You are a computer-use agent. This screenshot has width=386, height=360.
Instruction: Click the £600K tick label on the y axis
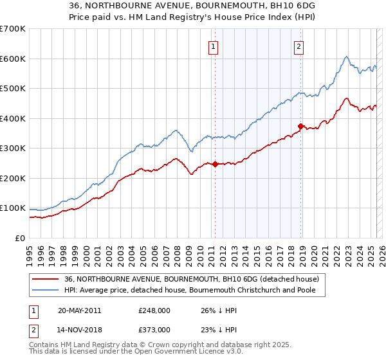point(12,59)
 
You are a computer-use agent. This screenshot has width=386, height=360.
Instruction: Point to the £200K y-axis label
point(12,178)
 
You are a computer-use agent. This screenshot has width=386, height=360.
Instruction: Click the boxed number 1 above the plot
point(213,46)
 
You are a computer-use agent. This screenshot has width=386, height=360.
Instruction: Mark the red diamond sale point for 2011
point(215,164)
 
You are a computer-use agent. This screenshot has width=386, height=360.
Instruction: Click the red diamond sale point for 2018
point(300,126)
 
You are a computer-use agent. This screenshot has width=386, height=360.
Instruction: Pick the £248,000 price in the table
point(154,310)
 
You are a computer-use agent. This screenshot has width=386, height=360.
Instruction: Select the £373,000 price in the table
point(154,329)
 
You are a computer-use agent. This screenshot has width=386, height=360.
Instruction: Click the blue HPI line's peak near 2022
point(346,57)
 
